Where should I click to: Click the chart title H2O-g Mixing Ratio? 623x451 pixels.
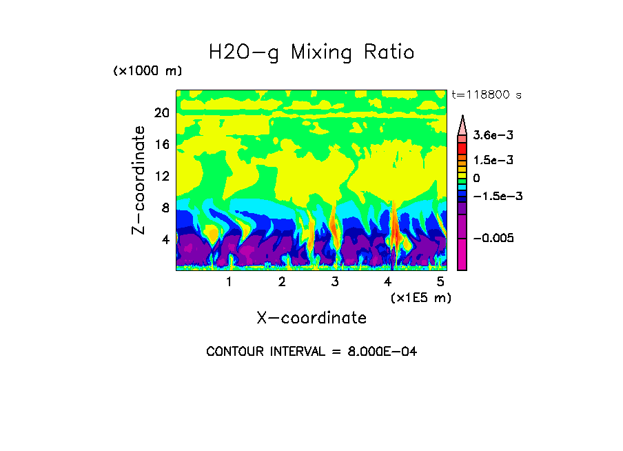[x=311, y=52]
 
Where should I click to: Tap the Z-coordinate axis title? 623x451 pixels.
[x=139, y=180]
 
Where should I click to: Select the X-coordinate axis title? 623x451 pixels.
[x=311, y=318]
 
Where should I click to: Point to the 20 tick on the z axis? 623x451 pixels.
[x=162, y=113]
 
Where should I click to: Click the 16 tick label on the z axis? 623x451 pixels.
[x=162, y=145]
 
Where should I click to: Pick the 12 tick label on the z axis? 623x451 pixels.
[x=162, y=176]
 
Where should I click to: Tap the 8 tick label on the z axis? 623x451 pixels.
[x=165, y=208]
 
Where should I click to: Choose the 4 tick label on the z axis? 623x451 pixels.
[x=165, y=239]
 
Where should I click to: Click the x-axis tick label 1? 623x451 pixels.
[x=229, y=281]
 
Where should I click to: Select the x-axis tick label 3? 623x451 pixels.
[x=335, y=281]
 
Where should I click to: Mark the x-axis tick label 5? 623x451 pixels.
[x=440, y=281]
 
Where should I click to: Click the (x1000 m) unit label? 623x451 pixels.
[x=147, y=72]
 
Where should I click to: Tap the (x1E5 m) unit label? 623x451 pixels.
[x=420, y=297]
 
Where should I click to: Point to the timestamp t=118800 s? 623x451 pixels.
[x=486, y=94]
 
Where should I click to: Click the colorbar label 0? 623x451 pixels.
[x=476, y=179]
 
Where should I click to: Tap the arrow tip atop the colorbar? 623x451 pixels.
[x=462, y=118]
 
